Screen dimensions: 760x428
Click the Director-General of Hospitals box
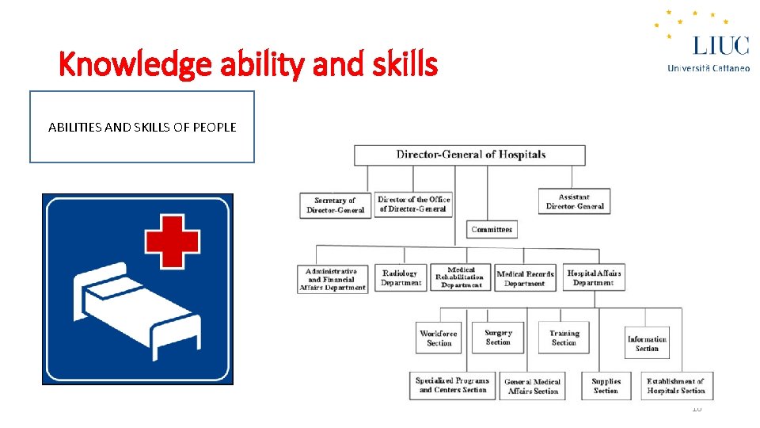[469, 155]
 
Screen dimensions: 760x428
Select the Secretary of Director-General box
[335, 205]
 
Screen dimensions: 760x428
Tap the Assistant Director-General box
[574, 201]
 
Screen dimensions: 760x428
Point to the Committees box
[492, 229]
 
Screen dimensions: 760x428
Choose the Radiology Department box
[401, 277]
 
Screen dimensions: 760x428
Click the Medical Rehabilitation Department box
[461, 277]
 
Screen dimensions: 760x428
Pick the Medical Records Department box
[525, 278]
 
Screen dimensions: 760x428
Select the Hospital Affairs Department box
[594, 277]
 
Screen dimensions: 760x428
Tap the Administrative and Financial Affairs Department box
[333, 279]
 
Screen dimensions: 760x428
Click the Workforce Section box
[439, 338]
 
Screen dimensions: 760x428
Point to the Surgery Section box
[498, 337]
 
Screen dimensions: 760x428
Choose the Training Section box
[564, 338]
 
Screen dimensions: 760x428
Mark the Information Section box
[647, 344]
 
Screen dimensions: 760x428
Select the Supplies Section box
[606, 385]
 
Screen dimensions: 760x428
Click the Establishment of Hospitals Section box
[675, 385]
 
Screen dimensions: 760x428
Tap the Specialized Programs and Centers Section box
[453, 385]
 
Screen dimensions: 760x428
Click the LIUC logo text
[720, 45]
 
